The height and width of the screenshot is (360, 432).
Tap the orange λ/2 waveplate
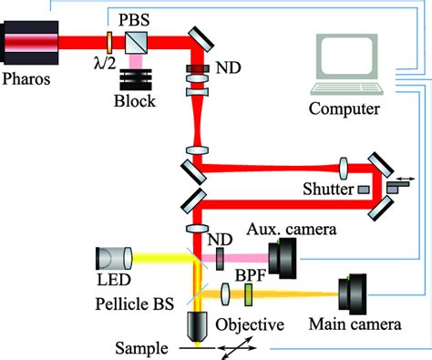pos(108,41)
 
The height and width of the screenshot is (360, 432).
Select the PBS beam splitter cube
pos(139,41)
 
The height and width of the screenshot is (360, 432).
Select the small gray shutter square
pos(364,190)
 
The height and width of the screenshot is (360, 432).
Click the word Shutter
pos(326,190)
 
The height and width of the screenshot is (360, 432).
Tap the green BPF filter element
pos(246,294)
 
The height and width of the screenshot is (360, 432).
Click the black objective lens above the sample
pos(196,325)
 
